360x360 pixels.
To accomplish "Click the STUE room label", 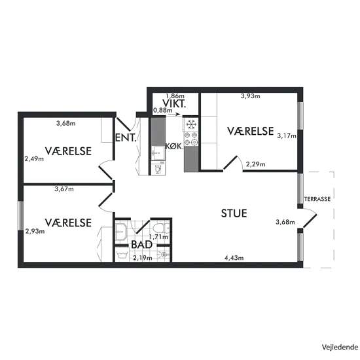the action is click(x=234, y=213).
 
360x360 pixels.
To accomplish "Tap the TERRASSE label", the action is click(x=317, y=199).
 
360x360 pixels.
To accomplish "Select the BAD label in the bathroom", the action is click(x=141, y=245).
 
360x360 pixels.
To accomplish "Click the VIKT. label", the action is click(x=174, y=104).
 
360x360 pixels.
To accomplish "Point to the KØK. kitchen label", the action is click(x=175, y=146).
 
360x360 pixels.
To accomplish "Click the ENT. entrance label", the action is click(x=126, y=137).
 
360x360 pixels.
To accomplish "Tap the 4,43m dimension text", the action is click(x=234, y=258).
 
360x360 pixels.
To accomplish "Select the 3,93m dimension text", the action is click(x=251, y=96).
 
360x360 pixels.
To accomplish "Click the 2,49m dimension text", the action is click(x=34, y=158).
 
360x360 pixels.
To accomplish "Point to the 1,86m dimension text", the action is click(x=175, y=96).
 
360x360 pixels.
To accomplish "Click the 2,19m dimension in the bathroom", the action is click(x=143, y=258).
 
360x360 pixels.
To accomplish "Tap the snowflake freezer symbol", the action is click(x=191, y=124).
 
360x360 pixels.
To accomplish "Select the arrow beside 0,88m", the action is click(x=174, y=115).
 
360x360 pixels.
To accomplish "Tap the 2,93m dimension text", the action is click(x=35, y=231).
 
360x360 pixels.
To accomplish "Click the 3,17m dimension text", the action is click(x=287, y=135).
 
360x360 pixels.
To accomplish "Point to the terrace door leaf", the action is click(x=310, y=221).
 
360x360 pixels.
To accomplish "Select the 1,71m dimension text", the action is click(x=158, y=236).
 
